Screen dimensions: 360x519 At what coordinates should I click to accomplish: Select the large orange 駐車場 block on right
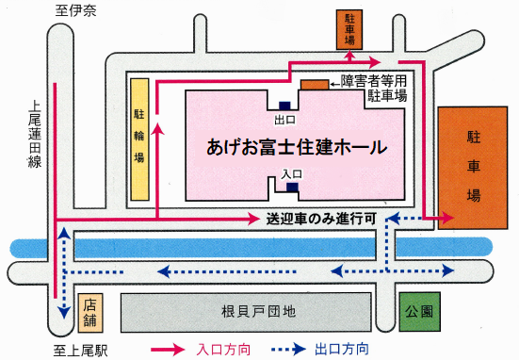[x=474, y=168]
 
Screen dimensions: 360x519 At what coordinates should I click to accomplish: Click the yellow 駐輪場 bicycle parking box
[x=139, y=139]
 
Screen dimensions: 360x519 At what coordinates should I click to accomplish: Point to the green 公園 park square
[x=420, y=310]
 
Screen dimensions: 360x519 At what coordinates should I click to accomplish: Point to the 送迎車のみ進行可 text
[x=322, y=218]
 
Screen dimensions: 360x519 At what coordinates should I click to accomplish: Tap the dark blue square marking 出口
[x=284, y=105]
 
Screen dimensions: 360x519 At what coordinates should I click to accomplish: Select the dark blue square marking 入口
[x=292, y=187]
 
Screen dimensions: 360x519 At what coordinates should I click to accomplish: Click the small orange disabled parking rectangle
[x=315, y=85]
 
